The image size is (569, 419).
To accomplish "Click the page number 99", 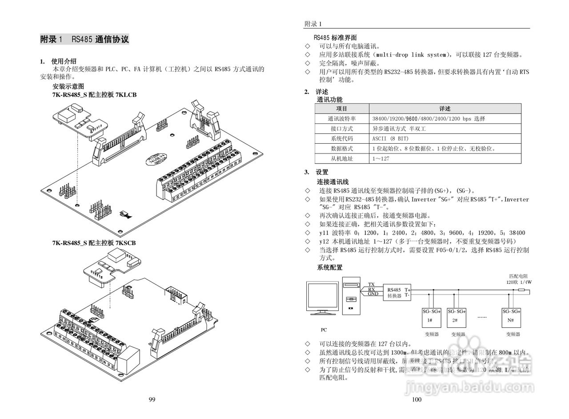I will [x=152, y=399].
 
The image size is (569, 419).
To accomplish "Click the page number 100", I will [x=417, y=399].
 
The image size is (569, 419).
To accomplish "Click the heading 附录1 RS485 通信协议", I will [x=84, y=40].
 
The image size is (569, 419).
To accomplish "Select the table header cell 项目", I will [x=342, y=109].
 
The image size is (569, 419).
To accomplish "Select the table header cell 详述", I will [x=445, y=109].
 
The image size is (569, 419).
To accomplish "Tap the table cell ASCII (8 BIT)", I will [x=390, y=138].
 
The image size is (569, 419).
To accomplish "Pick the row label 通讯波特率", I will [x=342, y=119].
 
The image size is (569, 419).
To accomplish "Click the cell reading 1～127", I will [x=381, y=158].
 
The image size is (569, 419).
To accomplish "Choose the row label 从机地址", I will [x=342, y=158].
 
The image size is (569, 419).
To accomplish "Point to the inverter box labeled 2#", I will [x=456, y=317].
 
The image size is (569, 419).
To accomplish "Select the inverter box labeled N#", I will [x=511, y=317].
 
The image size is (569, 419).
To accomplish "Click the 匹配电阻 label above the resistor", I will [x=518, y=276].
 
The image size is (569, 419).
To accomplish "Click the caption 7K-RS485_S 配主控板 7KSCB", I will [x=94, y=243].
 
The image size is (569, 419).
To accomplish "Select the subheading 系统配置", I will [x=329, y=267].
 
